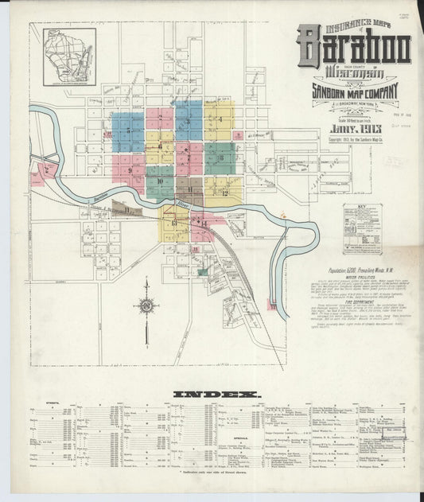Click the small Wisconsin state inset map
coord(69,56)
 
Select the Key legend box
coord(362,229)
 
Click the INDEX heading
coord(212,394)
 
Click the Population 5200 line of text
coord(346,269)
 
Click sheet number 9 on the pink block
coord(128,170)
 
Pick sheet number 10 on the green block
coord(160,181)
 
